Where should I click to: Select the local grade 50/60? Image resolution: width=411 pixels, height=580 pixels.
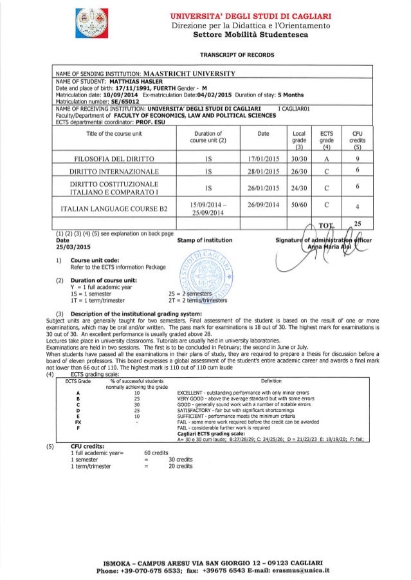(x=297, y=206)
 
